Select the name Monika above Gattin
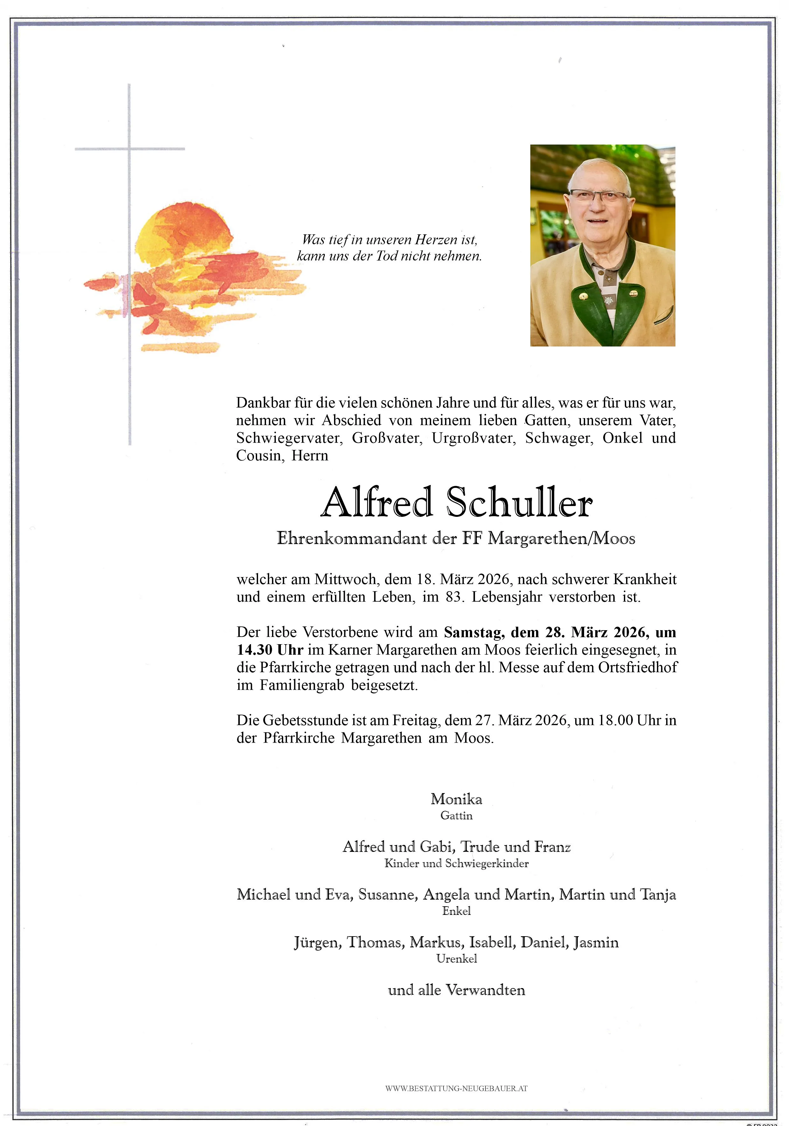tap(456, 799)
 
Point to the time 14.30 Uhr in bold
tap(270, 650)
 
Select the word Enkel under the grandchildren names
tap(456, 911)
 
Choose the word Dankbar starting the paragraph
tap(263, 403)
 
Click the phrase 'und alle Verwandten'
tap(456, 990)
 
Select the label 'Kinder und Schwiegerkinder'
tap(456, 863)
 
